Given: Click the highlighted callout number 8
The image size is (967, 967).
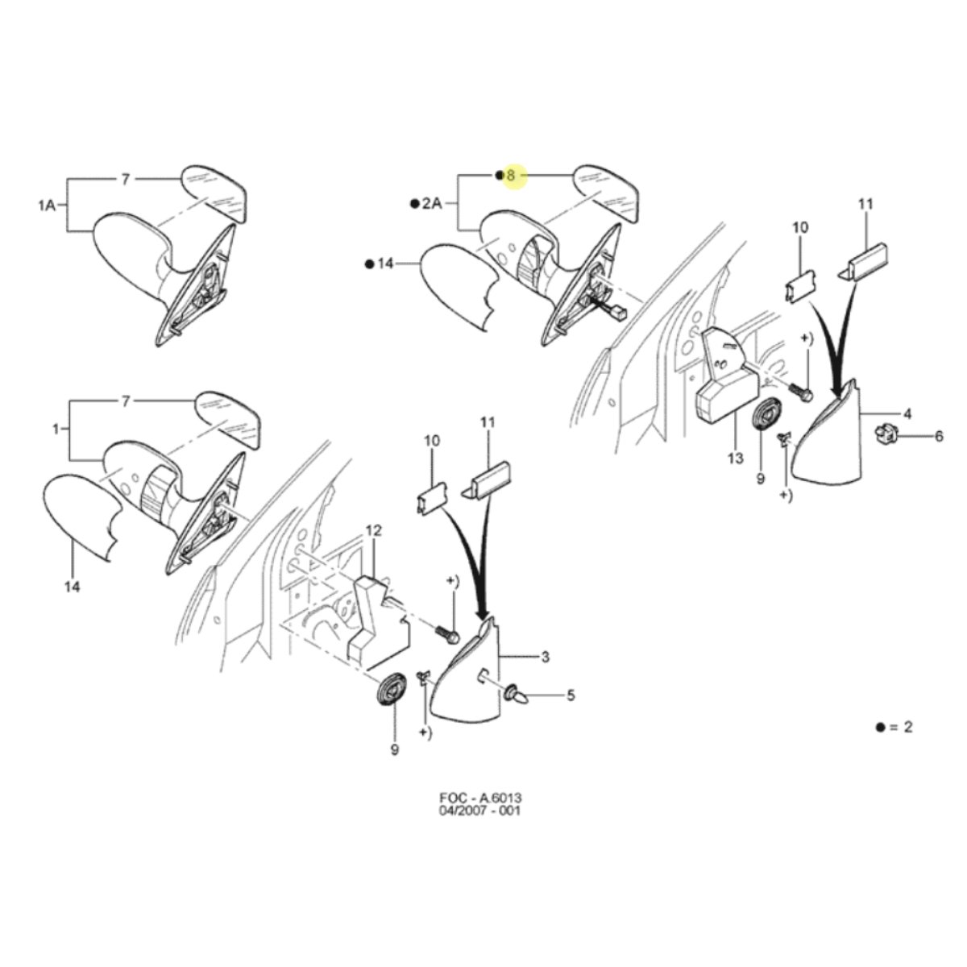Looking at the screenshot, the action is click(511, 176).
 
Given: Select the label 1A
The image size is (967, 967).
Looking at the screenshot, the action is click(47, 205).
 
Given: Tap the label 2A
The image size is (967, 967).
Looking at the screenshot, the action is click(432, 204).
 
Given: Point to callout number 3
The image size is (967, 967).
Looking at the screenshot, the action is click(546, 657).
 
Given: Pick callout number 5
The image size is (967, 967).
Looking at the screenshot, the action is click(571, 695).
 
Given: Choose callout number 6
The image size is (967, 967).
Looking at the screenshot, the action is click(939, 436).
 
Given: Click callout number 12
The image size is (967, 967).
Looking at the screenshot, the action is click(374, 530).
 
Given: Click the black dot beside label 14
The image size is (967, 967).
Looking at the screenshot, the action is click(371, 264).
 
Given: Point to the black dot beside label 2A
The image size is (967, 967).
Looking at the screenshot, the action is click(414, 204).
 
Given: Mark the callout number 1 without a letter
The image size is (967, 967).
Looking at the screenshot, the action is click(56, 429).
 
